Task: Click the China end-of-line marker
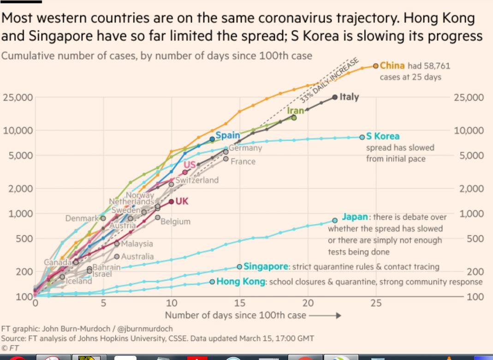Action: point(376,66)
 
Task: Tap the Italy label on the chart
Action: point(349,97)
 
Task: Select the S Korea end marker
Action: point(362,137)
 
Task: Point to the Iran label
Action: point(296,111)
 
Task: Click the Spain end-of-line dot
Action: point(212,138)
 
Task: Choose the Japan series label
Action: point(355,216)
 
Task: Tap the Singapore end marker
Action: point(239,266)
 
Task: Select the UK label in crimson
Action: point(182,201)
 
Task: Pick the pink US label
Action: point(190,165)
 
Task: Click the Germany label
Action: point(246,148)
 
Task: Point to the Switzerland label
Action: point(197,180)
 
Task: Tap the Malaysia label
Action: point(137,243)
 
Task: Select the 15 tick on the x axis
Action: point(240,303)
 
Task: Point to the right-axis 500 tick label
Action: point(475,239)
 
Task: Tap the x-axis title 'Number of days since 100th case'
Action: point(235,316)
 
